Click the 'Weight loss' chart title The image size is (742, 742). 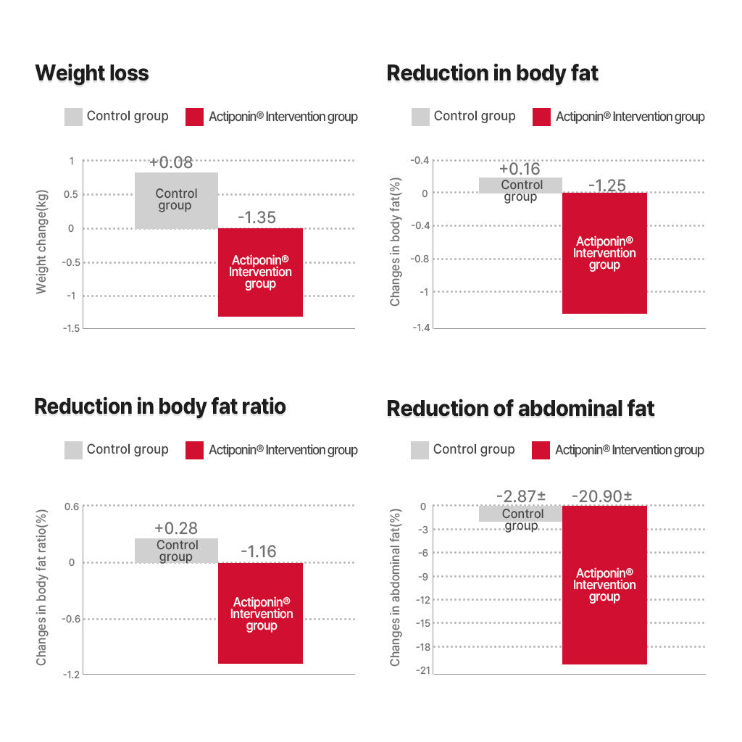click(x=92, y=73)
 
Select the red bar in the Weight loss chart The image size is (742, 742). click(x=260, y=272)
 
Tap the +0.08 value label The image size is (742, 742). click(x=172, y=162)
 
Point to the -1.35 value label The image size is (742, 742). click(x=257, y=217)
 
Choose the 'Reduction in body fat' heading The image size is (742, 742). click(x=492, y=73)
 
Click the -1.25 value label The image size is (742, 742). click(x=606, y=185)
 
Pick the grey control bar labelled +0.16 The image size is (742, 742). click(x=520, y=185)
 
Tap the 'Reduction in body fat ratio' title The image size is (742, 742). click(x=160, y=407)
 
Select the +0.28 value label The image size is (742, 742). click(x=175, y=528)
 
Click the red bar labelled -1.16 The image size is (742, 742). click(x=261, y=613)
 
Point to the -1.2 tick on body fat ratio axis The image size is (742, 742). click(x=71, y=675)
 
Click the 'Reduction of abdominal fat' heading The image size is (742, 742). click(x=520, y=409)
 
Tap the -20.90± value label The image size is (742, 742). click(x=601, y=496)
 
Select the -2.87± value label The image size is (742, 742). click(x=521, y=496)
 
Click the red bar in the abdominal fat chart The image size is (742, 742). click(x=604, y=585)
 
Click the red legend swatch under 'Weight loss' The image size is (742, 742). click(x=194, y=117)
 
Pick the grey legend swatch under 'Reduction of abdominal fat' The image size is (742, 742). click(x=420, y=450)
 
